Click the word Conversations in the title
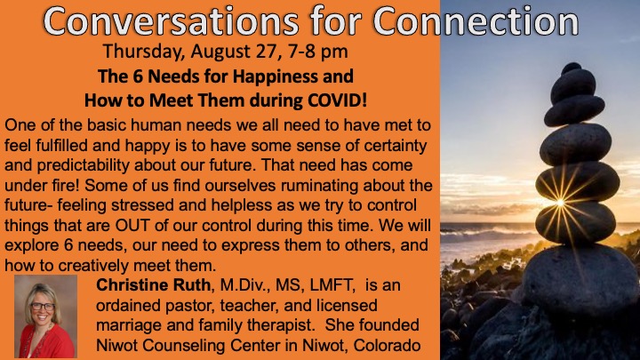pyautogui.click(x=171, y=20)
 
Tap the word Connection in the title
pyautogui.click(x=476, y=20)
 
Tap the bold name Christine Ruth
pyautogui.click(x=153, y=285)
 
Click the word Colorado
pyautogui.click(x=387, y=345)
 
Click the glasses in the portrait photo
pyautogui.click(x=43, y=306)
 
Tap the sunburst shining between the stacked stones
pyautogui.click(x=560, y=203)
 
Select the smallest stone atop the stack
pyautogui.click(x=572, y=68)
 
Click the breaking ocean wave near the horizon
pyautogui.click(x=485, y=236)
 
